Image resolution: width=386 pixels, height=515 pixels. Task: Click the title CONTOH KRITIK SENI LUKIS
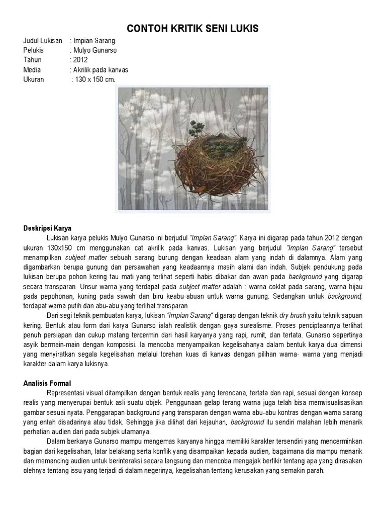click(193, 29)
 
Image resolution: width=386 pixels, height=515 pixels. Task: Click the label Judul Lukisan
click(43, 41)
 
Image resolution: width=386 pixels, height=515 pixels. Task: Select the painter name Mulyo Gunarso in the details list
click(96, 50)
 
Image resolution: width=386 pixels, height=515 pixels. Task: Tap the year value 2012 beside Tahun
click(80, 60)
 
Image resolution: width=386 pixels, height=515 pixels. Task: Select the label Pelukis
click(34, 50)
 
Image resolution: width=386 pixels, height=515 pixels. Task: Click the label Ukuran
click(34, 79)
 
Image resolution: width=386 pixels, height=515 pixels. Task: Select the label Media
click(32, 70)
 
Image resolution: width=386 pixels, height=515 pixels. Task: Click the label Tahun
click(32, 60)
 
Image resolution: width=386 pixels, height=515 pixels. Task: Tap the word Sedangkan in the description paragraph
click(289, 296)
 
